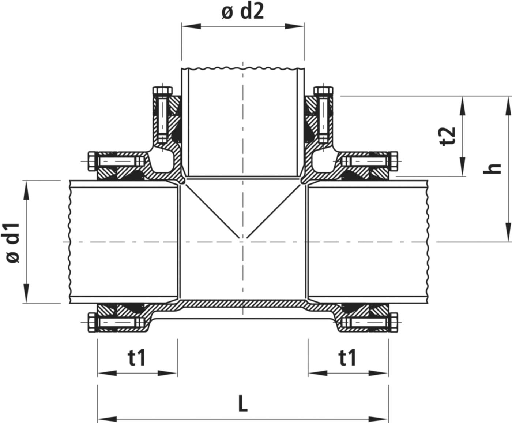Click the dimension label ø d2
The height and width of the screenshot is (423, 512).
tap(242, 13)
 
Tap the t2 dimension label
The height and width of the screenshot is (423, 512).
tap(448, 136)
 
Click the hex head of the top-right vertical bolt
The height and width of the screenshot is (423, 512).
tap(323, 90)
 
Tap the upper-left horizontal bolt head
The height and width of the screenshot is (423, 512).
tap(91, 162)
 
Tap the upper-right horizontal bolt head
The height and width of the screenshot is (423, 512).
tap(394, 162)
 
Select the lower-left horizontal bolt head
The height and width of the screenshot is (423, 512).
tap(91, 323)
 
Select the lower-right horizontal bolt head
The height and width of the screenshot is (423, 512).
tap(394, 323)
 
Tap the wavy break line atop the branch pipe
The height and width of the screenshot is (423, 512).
tap(243, 68)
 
